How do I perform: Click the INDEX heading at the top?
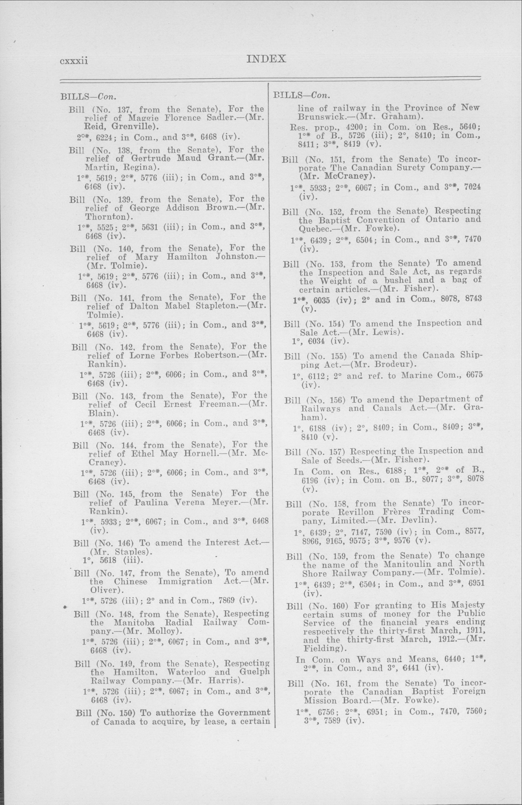(x=267, y=59)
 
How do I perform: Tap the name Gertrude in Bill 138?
(x=152, y=158)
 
